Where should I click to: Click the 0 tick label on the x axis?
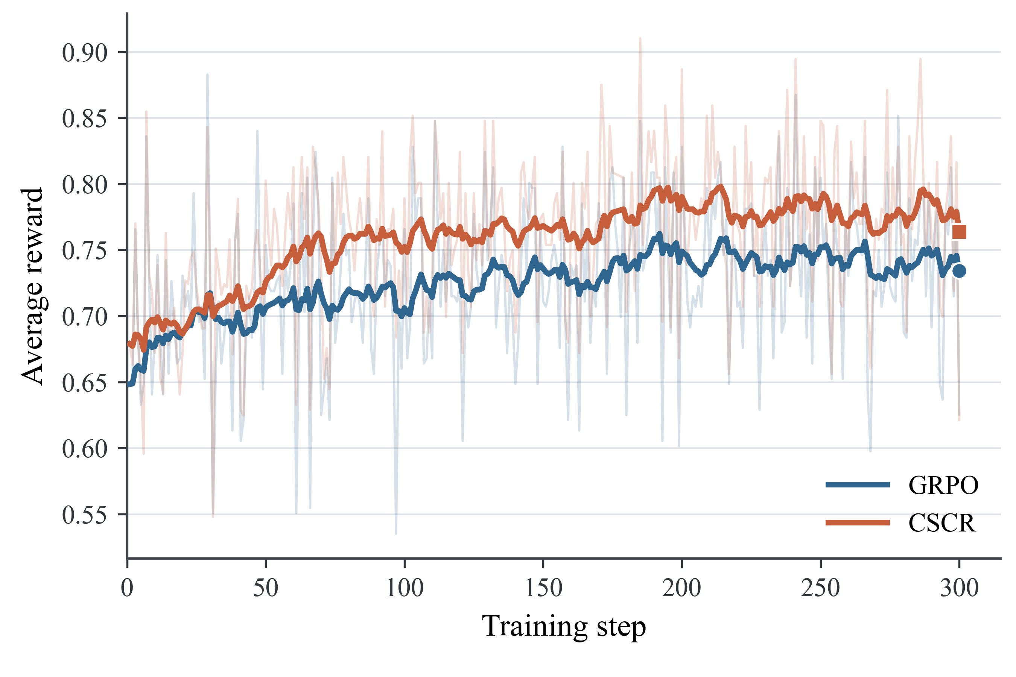[127, 588]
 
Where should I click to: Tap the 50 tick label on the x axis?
[266, 588]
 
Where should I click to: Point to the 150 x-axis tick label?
[543, 588]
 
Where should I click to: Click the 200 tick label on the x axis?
[681, 588]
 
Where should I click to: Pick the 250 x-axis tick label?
[820, 588]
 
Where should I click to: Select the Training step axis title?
[564, 627]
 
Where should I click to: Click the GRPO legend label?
[943, 485]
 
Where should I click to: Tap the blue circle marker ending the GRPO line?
[959, 271]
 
